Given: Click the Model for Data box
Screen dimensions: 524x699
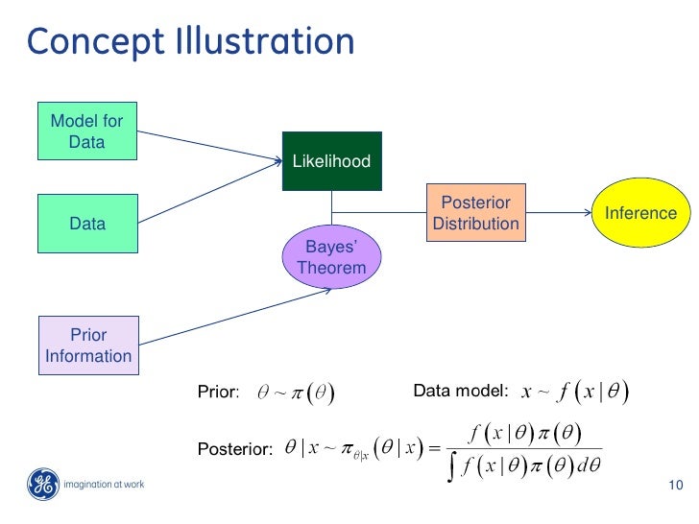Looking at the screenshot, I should click(86, 132).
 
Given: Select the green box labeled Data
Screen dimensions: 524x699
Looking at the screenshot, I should click(86, 224).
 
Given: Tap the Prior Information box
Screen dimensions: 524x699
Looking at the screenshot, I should click(87, 345).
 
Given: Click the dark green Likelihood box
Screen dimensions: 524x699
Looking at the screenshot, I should click(331, 161).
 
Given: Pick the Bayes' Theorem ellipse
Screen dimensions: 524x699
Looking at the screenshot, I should click(331, 257).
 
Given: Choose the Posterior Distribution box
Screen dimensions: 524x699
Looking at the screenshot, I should click(475, 213).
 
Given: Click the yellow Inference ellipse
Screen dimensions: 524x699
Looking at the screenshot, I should click(640, 213).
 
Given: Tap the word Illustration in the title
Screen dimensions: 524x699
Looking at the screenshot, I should click(265, 42).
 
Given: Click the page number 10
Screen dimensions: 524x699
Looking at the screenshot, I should click(673, 485).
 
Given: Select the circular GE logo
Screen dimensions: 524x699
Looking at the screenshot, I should click(40, 484).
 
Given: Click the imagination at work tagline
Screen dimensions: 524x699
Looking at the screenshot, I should click(103, 485).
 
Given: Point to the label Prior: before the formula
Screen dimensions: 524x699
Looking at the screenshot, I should click(218, 392).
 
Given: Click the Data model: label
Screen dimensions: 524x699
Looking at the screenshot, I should click(460, 391).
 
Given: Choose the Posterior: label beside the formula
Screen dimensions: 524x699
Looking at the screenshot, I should click(235, 448).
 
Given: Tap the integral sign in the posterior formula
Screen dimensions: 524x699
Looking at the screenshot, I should click(453, 466).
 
